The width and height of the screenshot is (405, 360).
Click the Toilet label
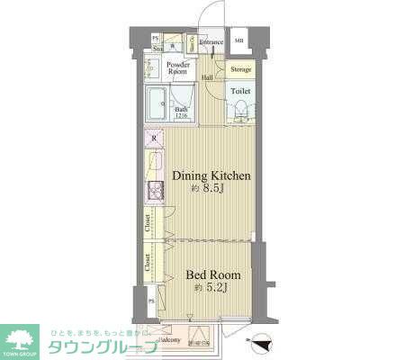click(x=239, y=92)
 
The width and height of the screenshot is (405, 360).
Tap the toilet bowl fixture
click(x=240, y=111)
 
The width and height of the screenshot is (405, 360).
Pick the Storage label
click(x=240, y=68)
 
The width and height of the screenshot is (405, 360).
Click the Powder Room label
click(x=176, y=68)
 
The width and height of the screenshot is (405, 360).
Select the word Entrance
click(x=211, y=42)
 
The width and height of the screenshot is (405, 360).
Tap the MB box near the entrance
click(x=239, y=41)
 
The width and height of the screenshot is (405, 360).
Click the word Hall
click(x=207, y=77)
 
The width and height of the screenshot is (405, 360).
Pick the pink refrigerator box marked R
click(x=154, y=139)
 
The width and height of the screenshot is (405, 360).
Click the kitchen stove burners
click(x=154, y=192)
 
